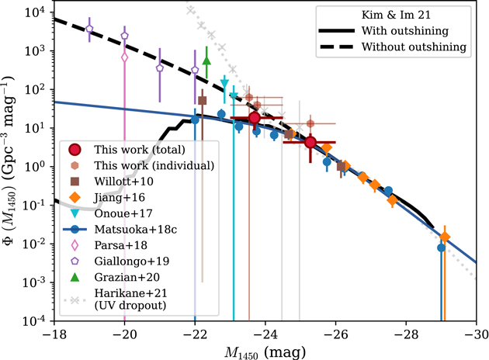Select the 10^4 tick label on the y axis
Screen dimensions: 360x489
coord(31,12)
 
